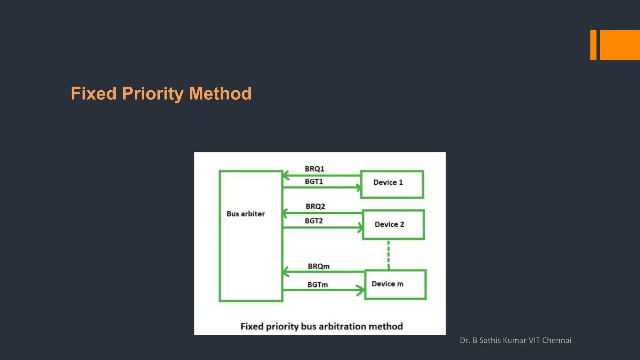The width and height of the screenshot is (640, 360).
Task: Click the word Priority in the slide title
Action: [152, 94]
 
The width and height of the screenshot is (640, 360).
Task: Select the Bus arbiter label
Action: [246, 214]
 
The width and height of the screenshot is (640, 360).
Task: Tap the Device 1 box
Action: [392, 184]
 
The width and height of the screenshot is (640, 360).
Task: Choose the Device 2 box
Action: [393, 225]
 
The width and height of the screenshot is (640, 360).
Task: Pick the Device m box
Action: [395, 285]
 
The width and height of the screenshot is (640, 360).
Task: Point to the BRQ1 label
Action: [314, 169]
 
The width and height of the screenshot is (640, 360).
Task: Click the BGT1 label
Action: [314, 182]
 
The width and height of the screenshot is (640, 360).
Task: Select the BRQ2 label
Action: [315, 207]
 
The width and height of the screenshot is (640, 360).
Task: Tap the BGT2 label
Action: [314, 221]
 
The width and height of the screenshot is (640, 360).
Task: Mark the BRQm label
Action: [318, 267]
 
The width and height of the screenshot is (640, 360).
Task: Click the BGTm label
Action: [317, 285]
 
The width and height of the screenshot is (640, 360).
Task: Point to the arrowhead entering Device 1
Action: [358, 187]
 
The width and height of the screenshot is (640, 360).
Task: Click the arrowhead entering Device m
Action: [361, 290]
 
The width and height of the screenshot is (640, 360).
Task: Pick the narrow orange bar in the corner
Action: [593, 45]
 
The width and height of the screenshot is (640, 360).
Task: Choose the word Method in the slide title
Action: [220, 94]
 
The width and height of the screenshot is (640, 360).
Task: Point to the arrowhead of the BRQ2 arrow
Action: [285, 213]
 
